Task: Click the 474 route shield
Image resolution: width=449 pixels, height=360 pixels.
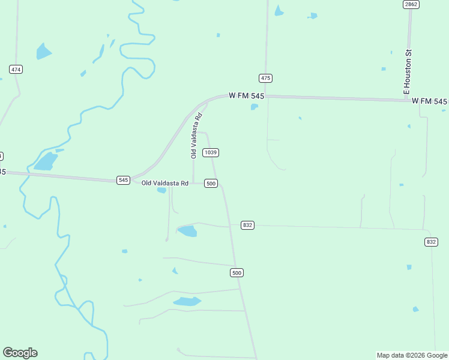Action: (x=16, y=70)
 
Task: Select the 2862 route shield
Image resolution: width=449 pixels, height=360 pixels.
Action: (x=411, y=4)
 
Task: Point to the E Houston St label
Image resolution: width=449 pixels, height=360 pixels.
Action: (x=407, y=71)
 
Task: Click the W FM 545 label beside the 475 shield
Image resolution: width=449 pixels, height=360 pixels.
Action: (x=246, y=96)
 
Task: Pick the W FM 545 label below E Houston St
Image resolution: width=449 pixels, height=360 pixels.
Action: (x=430, y=101)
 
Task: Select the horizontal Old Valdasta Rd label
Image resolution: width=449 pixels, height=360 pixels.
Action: (x=165, y=183)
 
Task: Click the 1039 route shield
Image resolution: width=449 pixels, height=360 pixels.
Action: (x=210, y=152)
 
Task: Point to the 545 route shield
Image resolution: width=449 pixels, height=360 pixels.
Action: (x=123, y=180)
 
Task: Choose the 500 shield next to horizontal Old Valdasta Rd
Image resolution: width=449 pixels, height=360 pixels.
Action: (x=211, y=183)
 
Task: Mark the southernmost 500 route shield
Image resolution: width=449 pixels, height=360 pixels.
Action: (x=237, y=273)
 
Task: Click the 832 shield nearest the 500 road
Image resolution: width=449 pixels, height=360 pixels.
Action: (x=248, y=225)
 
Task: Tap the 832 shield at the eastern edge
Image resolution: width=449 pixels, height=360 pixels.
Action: (x=431, y=242)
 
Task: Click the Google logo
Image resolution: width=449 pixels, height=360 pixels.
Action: (x=20, y=353)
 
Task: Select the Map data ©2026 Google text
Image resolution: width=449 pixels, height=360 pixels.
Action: (x=412, y=355)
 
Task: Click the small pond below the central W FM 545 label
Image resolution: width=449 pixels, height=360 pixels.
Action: (x=255, y=107)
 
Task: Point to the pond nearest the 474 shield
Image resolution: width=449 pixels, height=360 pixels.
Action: (x=43, y=52)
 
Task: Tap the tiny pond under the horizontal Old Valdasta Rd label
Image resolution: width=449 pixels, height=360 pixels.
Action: (x=161, y=191)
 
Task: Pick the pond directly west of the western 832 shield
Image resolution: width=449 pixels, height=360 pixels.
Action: (x=187, y=231)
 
